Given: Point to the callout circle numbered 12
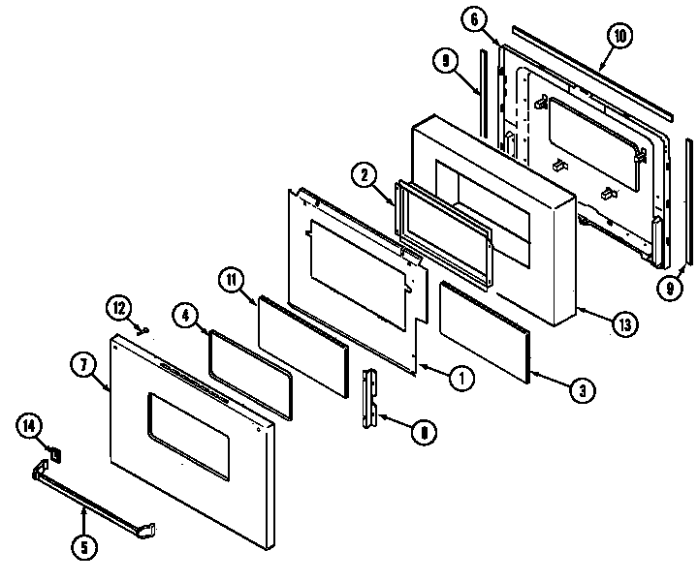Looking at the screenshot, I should (119, 309).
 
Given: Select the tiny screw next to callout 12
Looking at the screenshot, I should (141, 327).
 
